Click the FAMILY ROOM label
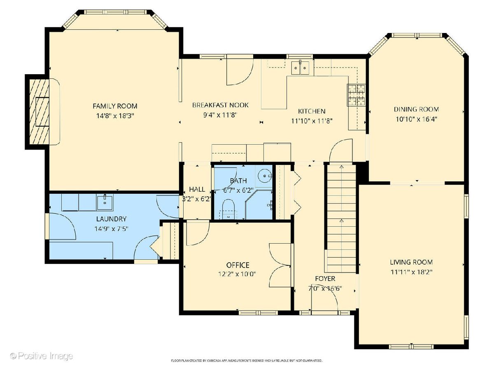pos(115,106)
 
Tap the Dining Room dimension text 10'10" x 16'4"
pos(416,119)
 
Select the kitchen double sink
pos(300,68)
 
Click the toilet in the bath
pos(228,209)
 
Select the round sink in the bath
pos(265,176)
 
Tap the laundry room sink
pos(105,203)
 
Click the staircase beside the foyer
pos(341,219)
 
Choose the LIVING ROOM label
pos(411,262)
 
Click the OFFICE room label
pos(238,265)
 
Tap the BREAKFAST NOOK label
pos(220,105)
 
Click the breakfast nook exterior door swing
pos(240,72)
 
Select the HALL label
pos(197,189)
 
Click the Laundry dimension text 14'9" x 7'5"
pos(112,229)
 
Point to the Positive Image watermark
pos(42,356)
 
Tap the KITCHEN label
pos(312,111)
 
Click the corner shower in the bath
pos(259,204)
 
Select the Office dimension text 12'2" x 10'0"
pos(237,274)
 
